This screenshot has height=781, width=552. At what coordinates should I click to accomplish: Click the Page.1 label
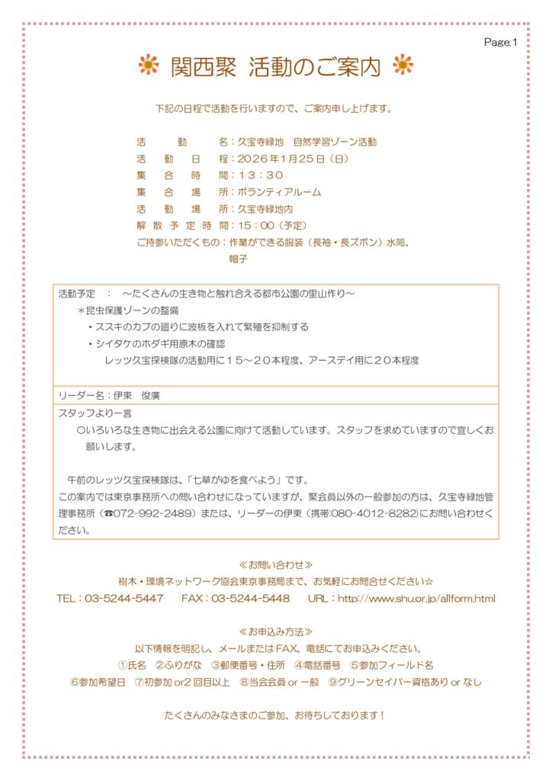(x=500, y=43)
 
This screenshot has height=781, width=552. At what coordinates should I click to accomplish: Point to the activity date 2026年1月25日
(x=281, y=159)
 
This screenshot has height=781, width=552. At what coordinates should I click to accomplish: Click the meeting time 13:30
(x=261, y=175)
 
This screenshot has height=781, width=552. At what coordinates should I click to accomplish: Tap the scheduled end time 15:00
(x=257, y=225)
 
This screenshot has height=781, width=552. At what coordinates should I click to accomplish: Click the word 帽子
(x=239, y=259)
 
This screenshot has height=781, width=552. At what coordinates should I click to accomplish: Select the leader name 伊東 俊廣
(x=136, y=396)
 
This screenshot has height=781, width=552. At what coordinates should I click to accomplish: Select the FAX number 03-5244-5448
(x=251, y=599)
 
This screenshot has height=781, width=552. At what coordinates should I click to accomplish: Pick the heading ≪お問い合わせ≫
(x=275, y=565)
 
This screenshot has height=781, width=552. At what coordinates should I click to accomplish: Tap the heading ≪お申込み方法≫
(x=275, y=632)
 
